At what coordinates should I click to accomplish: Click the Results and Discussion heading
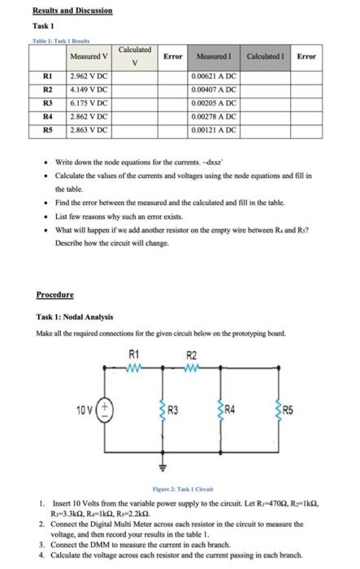click(x=72, y=11)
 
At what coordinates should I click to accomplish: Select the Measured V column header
click(x=89, y=57)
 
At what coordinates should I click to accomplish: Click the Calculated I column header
click(x=264, y=57)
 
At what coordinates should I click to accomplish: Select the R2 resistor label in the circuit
click(x=192, y=354)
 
